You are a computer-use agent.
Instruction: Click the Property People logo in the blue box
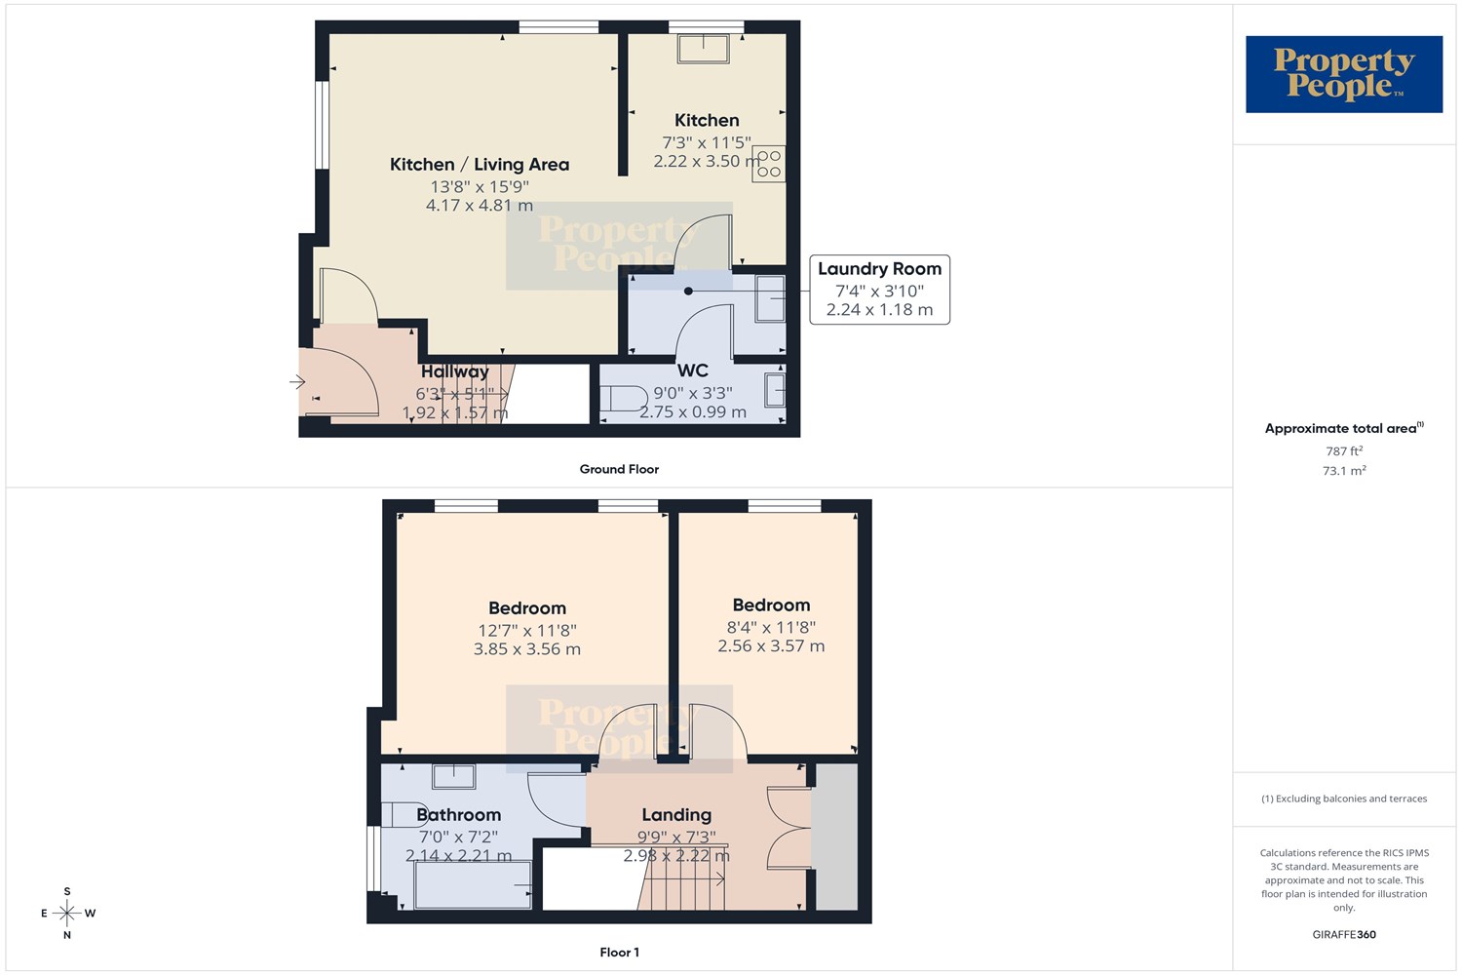click(x=1344, y=74)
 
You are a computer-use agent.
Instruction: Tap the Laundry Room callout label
click(x=879, y=290)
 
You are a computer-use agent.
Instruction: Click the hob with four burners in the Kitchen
click(x=769, y=163)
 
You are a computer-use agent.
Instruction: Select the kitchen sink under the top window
click(x=703, y=49)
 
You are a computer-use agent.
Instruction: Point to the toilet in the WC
click(x=624, y=399)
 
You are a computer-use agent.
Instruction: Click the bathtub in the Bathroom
click(x=473, y=885)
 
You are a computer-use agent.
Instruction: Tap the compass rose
click(x=67, y=913)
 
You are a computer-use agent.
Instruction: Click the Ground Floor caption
click(x=619, y=469)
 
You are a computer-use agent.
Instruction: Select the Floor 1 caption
click(x=619, y=953)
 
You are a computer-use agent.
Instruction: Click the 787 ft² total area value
click(x=1344, y=450)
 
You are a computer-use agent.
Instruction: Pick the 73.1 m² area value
click(x=1344, y=470)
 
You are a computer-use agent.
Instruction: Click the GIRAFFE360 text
click(x=1344, y=934)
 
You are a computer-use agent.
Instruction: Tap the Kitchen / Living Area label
click(x=480, y=165)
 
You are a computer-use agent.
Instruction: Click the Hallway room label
click(x=455, y=370)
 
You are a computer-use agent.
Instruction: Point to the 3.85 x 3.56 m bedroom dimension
click(x=526, y=649)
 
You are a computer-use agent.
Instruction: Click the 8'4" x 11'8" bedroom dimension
click(x=771, y=628)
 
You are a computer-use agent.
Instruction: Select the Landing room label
click(x=676, y=815)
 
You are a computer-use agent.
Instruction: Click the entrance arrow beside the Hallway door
click(x=297, y=382)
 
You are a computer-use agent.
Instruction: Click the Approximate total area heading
click(x=1344, y=428)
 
